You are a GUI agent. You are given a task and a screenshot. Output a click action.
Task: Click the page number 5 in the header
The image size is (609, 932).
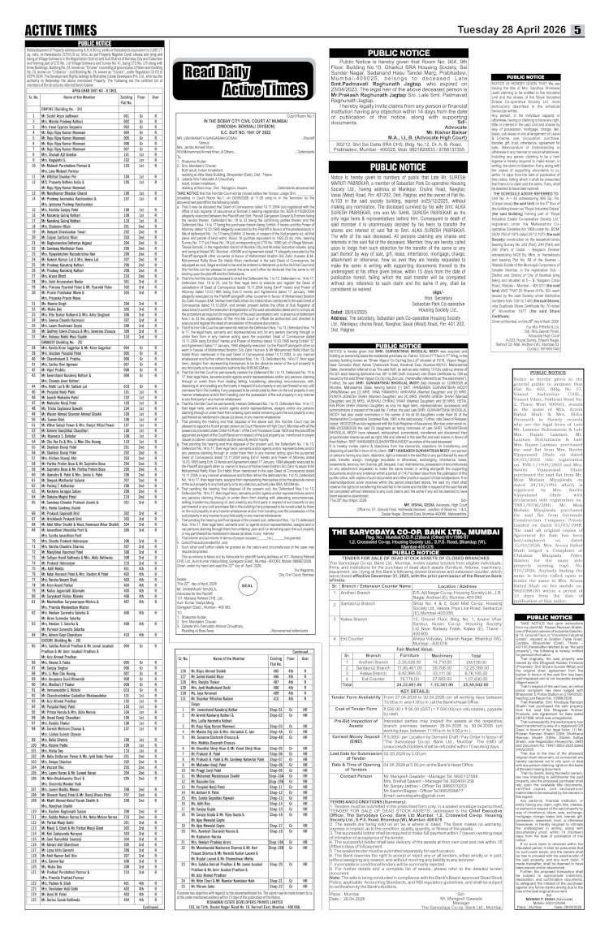click(x=601, y=11)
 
